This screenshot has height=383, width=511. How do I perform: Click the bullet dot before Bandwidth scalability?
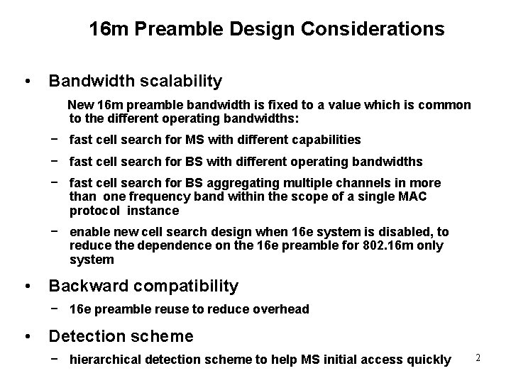pyautogui.click(x=26, y=81)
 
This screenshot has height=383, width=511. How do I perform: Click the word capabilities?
pyautogui.click(x=324, y=140)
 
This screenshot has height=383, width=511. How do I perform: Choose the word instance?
pyautogui.click(x=153, y=211)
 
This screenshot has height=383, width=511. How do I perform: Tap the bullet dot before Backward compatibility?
pyautogui.click(x=26, y=287)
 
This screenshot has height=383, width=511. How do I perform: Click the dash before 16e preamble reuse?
pyautogui.click(x=55, y=309)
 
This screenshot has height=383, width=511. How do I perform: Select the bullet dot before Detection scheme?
pyautogui.click(x=26, y=335)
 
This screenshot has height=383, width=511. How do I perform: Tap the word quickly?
pyautogui.click(x=429, y=360)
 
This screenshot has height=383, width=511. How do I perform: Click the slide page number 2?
pyautogui.click(x=478, y=358)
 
